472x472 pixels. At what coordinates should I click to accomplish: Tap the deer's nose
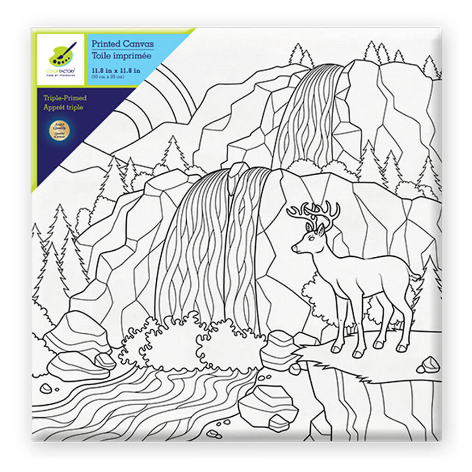pyautogui.click(x=294, y=249)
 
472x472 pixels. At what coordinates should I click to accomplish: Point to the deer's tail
pyautogui.click(x=417, y=277)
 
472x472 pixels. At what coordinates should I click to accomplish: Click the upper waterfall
pyautogui.click(x=313, y=115)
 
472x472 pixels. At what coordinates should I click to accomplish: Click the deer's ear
pyautogui.click(x=319, y=229)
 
